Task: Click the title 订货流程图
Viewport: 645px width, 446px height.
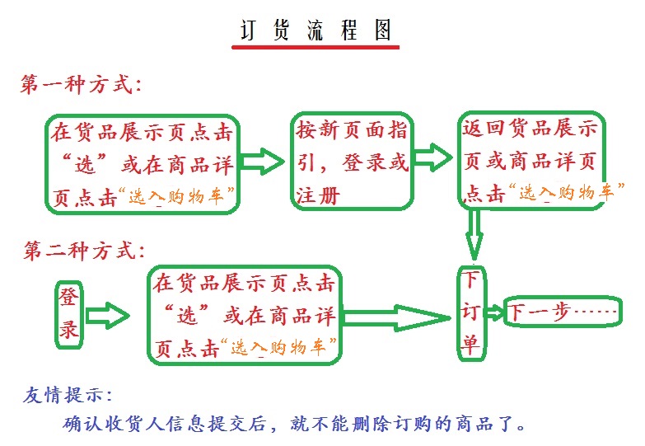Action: tap(315, 30)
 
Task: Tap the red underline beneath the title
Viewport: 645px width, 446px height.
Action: tap(315, 47)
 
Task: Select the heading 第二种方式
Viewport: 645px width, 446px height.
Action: tap(84, 251)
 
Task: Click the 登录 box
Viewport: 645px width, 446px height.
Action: tap(69, 315)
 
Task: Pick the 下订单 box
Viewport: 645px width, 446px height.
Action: tap(472, 314)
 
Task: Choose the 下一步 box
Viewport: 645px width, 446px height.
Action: tap(563, 312)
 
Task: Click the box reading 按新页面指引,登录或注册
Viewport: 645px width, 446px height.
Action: tap(352, 161)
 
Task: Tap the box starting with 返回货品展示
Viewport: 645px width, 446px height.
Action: tap(531, 160)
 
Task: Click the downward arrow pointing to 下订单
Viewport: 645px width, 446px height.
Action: tap(474, 235)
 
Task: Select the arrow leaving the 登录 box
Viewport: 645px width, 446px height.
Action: tap(107, 316)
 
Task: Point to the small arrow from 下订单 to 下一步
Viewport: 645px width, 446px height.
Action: tap(495, 313)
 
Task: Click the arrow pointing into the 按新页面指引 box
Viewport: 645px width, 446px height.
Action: tap(263, 161)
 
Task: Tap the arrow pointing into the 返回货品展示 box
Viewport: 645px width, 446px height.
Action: tap(433, 157)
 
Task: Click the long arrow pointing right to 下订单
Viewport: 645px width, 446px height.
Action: tap(397, 317)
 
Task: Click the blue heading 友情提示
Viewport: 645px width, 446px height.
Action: tap(67, 396)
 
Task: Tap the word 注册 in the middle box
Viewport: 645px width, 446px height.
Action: tap(318, 195)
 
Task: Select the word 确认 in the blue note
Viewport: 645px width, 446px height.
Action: tap(82, 424)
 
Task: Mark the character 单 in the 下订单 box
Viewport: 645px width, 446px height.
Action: tap(471, 345)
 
